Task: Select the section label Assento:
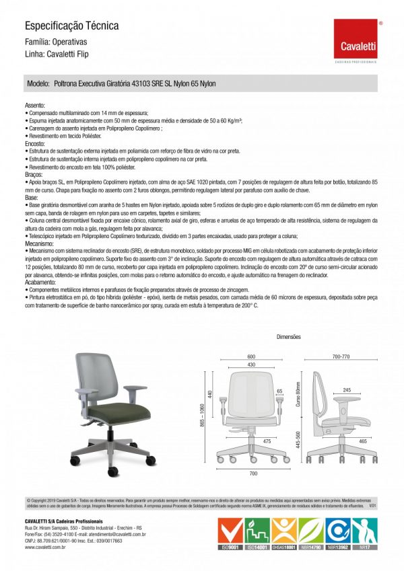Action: [35, 106]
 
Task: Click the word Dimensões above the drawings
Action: [289, 336]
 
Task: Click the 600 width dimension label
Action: [251, 356]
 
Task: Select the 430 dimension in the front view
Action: [251, 364]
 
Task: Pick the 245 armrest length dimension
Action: [346, 389]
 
